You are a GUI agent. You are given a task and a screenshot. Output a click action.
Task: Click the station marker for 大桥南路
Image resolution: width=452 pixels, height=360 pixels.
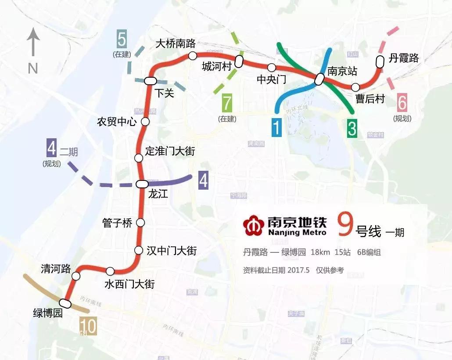click(192, 55)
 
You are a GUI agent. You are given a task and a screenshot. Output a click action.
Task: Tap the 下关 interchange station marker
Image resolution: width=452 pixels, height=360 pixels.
click(150, 80)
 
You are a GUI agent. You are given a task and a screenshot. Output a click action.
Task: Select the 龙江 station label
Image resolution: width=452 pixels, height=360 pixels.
click(158, 194)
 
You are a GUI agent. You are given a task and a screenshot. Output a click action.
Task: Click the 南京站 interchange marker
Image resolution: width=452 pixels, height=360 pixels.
click(320, 79)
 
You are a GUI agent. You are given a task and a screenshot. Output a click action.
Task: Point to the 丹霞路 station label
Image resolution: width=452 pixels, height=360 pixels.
click(404, 58)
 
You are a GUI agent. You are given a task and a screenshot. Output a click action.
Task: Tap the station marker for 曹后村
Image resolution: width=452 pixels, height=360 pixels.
click(355, 87)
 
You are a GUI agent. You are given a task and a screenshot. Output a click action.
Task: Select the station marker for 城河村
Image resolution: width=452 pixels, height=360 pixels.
click(239, 61)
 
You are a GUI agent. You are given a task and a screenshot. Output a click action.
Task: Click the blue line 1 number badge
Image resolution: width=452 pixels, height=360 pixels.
click(276, 127)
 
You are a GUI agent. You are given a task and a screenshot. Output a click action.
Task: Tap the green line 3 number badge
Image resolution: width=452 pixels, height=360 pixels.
click(352, 127)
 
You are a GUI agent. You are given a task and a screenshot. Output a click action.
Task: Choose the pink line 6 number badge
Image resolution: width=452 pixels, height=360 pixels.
click(402, 104)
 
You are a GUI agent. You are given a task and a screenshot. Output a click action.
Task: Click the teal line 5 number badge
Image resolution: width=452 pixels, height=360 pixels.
click(122, 40)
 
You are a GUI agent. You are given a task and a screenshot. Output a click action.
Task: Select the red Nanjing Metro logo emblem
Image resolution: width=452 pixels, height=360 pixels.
click(253, 224)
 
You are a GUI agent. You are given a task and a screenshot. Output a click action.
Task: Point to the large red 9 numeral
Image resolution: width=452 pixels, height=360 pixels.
click(344, 225)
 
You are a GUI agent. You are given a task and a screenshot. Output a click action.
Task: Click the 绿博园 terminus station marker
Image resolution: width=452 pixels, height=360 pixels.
click(65, 303)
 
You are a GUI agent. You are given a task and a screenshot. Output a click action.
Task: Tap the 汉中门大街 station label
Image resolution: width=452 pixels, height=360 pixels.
click(171, 251)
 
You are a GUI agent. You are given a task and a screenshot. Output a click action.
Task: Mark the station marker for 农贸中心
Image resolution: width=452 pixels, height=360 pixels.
click(145, 122)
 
